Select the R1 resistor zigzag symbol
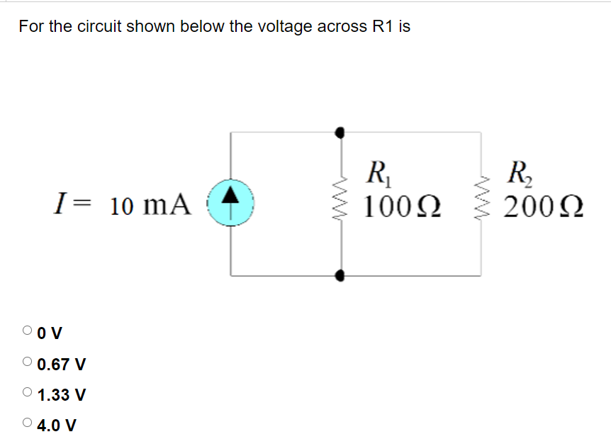(342, 202)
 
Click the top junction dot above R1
(341, 132)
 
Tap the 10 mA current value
(151, 205)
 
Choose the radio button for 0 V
(27, 330)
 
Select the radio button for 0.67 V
(27, 362)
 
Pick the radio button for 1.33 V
(27, 392)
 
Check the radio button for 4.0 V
(27, 423)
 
